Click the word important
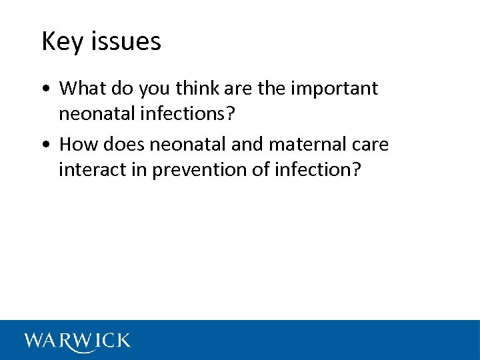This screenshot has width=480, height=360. pos(331,88)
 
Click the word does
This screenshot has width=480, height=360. pos(125,145)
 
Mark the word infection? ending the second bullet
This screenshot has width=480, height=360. pos(320,170)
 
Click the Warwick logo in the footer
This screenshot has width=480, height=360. pos(77,341)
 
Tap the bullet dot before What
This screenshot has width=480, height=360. pos(45,89)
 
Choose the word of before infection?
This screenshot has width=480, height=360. pos(262,170)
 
